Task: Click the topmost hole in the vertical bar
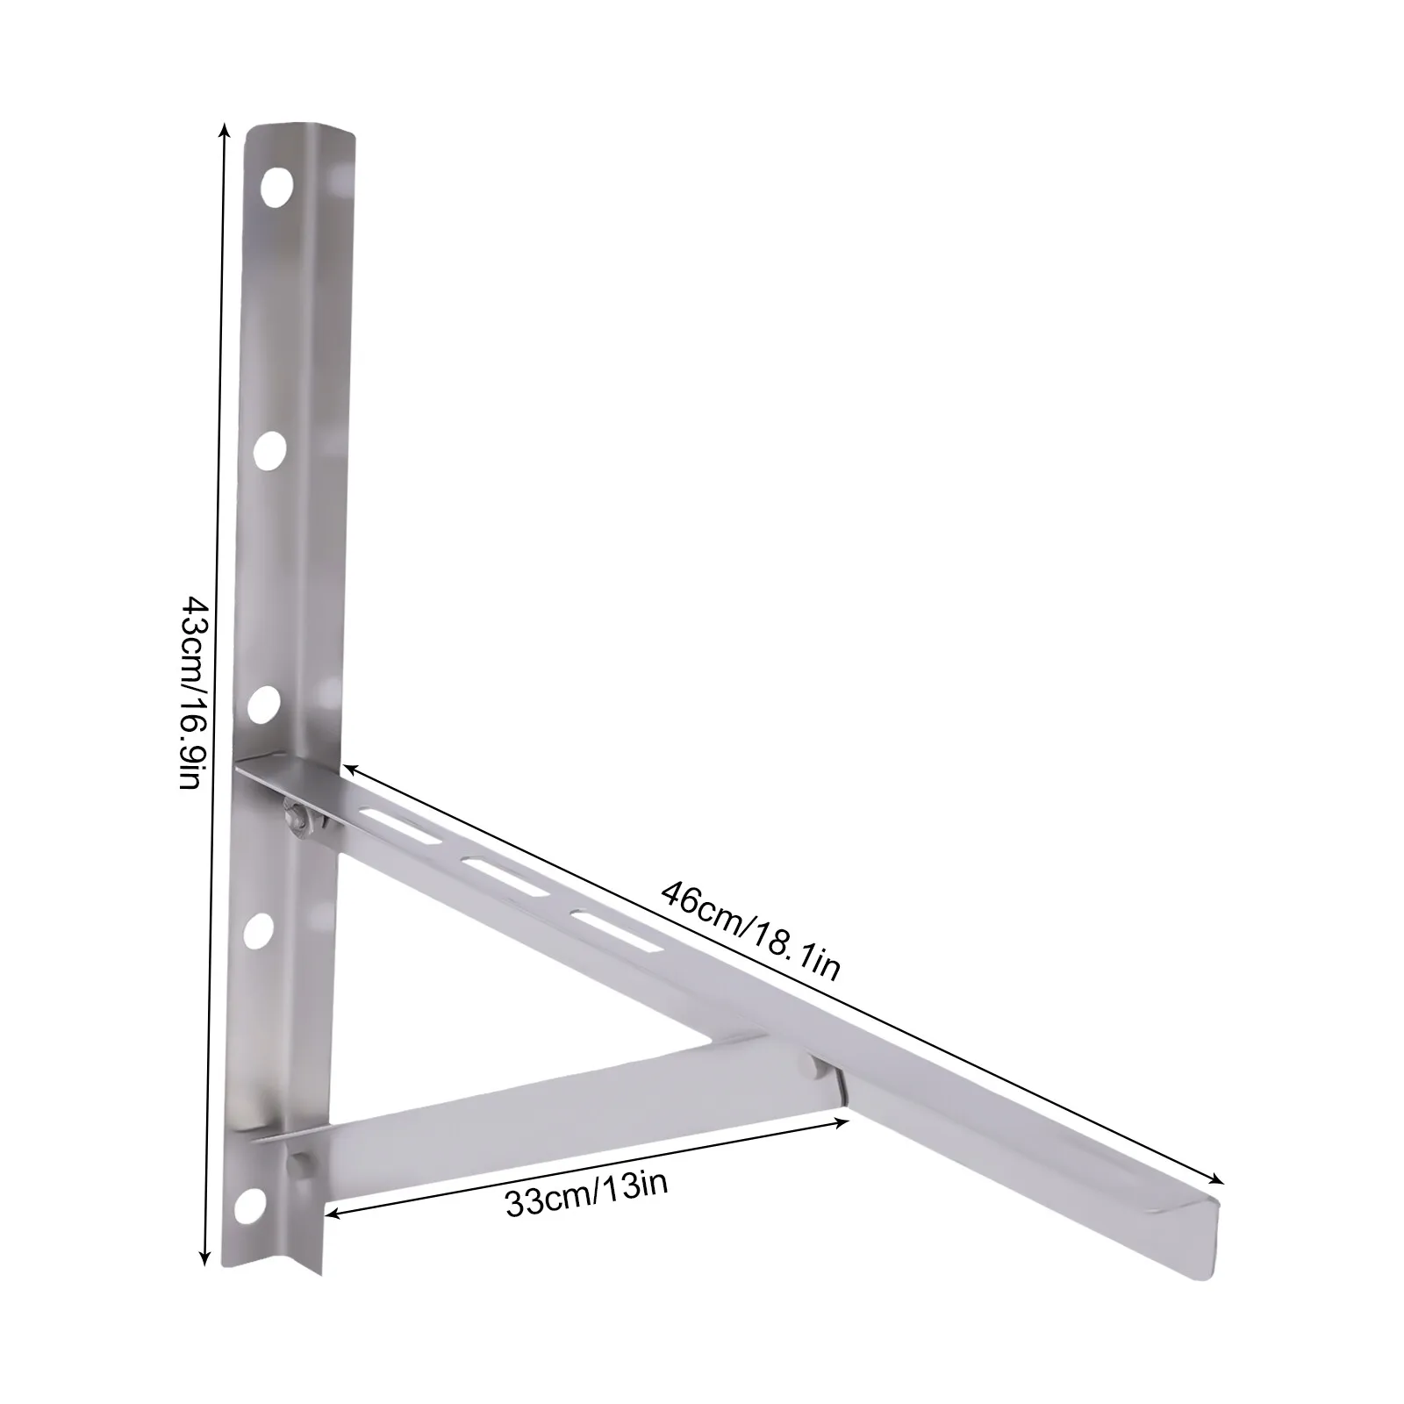point(277,187)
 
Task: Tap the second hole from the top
point(269,449)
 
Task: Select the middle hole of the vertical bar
point(262,704)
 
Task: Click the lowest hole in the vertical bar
point(250,1201)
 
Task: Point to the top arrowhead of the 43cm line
point(225,129)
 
